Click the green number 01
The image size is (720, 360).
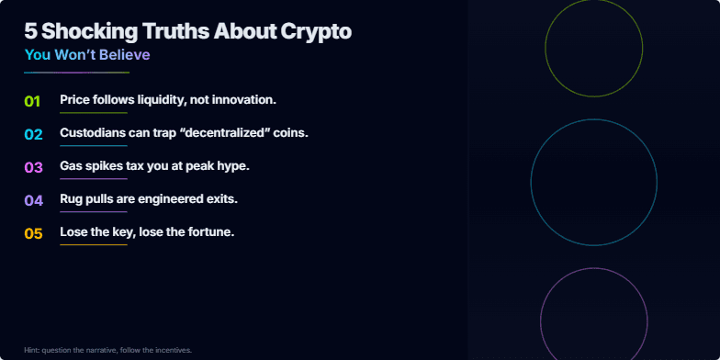[x=32, y=101]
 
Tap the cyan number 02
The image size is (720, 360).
[x=33, y=134]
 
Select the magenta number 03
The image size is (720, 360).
[x=33, y=167]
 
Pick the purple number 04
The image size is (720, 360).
[x=33, y=200]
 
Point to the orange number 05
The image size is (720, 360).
[x=33, y=233]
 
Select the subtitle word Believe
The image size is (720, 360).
[x=125, y=55]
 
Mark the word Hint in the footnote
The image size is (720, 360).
[x=32, y=350]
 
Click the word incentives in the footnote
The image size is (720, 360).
[x=172, y=350]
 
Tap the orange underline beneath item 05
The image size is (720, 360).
[x=93, y=245]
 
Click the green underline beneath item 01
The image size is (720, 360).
[x=93, y=113]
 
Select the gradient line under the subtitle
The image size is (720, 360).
[x=77, y=72]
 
